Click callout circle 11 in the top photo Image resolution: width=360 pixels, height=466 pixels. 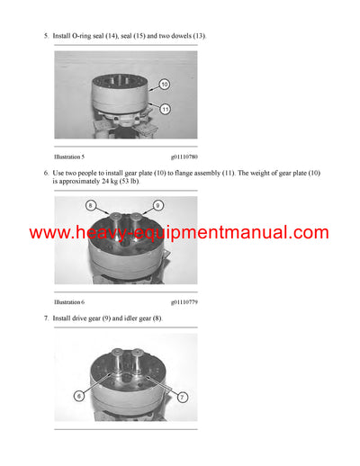tap(165, 109)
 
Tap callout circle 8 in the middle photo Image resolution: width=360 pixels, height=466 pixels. tap(90, 206)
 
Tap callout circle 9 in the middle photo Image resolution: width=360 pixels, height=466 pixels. tap(157, 206)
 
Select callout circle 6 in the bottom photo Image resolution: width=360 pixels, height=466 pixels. tap(79, 394)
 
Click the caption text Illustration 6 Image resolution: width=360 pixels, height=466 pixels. tap(69, 301)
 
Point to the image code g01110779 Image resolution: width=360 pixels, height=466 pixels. tap(186, 301)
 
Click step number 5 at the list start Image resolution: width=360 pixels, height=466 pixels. tap(45, 35)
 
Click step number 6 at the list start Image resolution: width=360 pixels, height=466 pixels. tap(45, 172)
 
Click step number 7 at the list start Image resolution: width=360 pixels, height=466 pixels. tap(45, 318)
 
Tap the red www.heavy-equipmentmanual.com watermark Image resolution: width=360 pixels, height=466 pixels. tap(179, 233)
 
